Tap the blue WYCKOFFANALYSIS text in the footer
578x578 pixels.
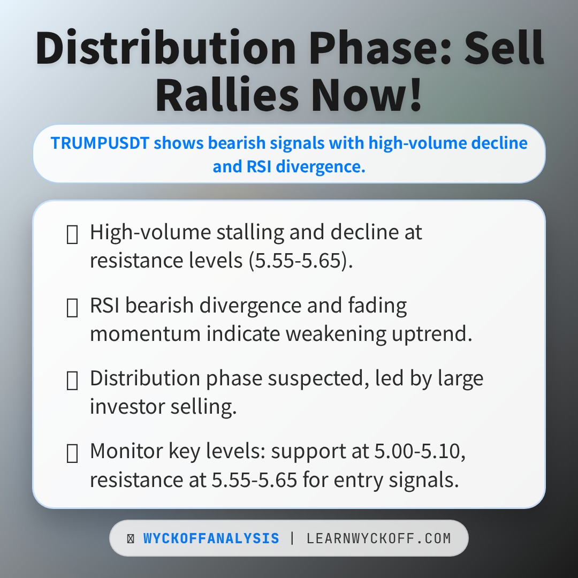point(211,538)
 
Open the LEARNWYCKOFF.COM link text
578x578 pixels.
point(379,538)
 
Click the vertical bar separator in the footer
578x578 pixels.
point(292,538)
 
